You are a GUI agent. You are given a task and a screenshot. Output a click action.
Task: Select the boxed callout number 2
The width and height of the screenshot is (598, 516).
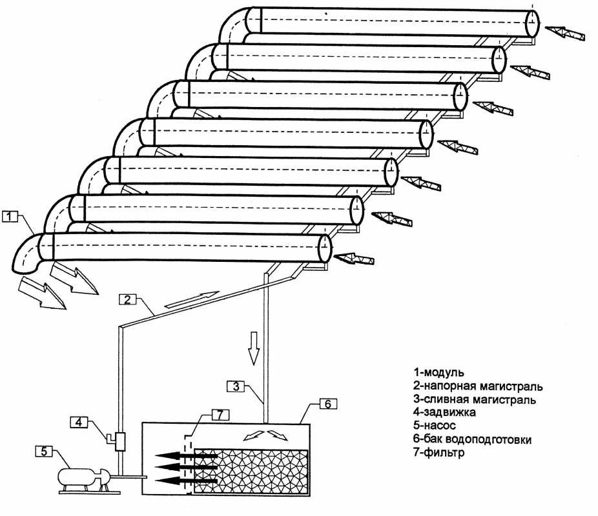point(127,299)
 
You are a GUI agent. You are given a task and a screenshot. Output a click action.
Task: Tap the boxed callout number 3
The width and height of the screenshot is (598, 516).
point(236,386)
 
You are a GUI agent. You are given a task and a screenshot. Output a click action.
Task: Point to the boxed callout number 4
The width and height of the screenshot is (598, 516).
point(78,422)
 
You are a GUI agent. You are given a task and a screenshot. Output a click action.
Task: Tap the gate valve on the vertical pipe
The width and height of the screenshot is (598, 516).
point(118,440)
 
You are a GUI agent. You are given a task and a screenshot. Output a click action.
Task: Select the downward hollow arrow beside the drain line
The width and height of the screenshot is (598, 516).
point(254,348)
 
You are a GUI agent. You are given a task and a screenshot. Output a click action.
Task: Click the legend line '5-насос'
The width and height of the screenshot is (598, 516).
point(434,426)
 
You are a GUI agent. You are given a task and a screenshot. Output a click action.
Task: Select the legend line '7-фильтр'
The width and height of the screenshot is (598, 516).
point(440,453)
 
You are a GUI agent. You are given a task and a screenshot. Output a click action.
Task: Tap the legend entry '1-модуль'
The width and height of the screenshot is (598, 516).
point(439,372)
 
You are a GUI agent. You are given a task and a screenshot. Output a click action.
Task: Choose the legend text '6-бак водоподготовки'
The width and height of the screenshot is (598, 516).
point(472,440)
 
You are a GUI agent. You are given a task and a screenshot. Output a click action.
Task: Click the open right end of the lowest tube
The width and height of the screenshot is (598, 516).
point(324,248)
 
